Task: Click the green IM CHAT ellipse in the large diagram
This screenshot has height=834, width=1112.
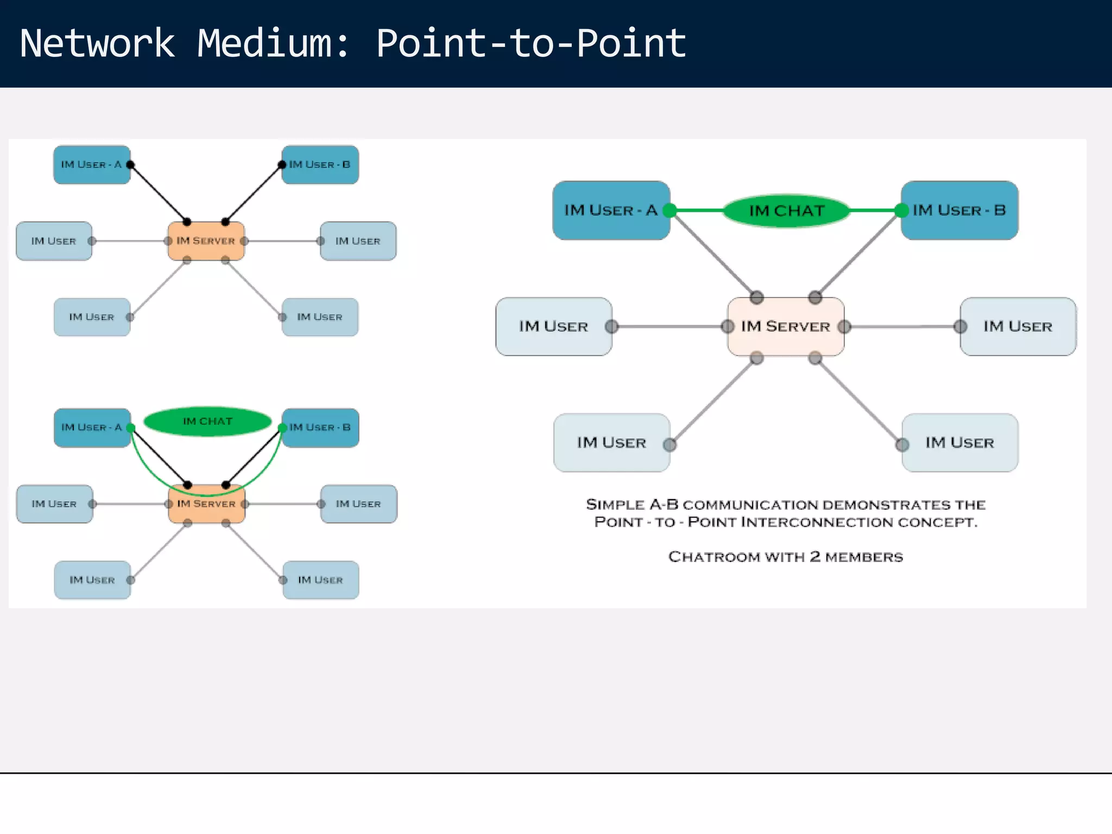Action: click(x=786, y=211)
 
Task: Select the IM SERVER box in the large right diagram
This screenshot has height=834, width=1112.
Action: click(x=786, y=326)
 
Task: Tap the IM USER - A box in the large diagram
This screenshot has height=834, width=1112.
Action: click(x=611, y=211)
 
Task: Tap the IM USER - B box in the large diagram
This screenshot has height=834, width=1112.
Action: click(x=959, y=211)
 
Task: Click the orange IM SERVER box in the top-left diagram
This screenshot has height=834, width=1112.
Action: click(x=206, y=241)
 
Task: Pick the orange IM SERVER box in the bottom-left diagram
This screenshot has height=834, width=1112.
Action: click(x=206, y=504)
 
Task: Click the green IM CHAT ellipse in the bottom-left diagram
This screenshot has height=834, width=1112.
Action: click(x=207, y=421)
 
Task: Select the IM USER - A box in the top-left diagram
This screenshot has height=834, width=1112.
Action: click(x=91, y=165)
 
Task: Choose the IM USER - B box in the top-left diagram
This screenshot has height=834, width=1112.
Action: click(x=320, y=165)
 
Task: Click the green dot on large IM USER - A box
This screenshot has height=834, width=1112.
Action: click(x=670, y=211)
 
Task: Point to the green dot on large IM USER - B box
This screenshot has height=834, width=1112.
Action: click(x=901, y=211)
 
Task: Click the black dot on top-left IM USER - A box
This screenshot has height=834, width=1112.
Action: click(x=130, y=165)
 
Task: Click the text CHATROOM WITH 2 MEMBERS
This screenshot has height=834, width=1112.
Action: click(x=786, y=557)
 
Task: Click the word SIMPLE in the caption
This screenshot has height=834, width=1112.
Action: click(x=615, y=504)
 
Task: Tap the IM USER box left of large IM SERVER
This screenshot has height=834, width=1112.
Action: click(x=553, y=326)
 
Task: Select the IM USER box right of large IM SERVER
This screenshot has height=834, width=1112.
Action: click(x=1018, y=326)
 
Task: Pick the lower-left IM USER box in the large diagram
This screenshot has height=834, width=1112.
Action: click(x=611, y=443)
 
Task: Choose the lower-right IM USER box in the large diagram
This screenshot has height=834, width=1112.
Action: click(x=959, y=443)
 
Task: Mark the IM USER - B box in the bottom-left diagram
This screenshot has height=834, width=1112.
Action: click(x=320, y=428)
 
